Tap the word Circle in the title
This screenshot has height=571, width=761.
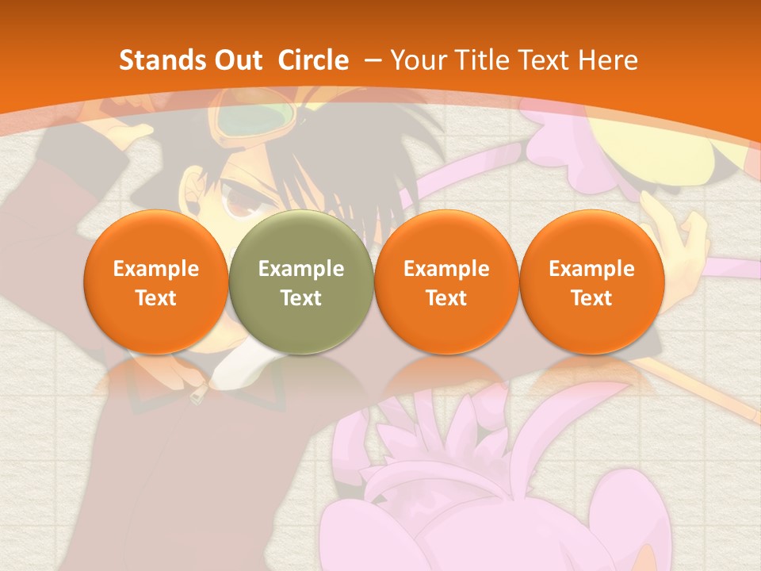point(313,60)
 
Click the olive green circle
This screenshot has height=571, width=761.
point(301,282)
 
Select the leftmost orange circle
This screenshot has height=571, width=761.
point(155,282)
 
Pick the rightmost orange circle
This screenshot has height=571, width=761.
point(591,282)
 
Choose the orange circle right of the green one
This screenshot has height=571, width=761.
point(446,282)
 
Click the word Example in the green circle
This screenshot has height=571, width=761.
point(301,269)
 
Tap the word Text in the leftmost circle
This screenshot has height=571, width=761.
point(155,298)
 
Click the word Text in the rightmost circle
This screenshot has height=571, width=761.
point(591,298)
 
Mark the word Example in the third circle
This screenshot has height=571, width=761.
point(446,269)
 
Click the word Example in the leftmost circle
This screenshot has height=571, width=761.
point(155,269)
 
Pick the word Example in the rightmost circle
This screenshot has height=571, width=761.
point(591,269)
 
